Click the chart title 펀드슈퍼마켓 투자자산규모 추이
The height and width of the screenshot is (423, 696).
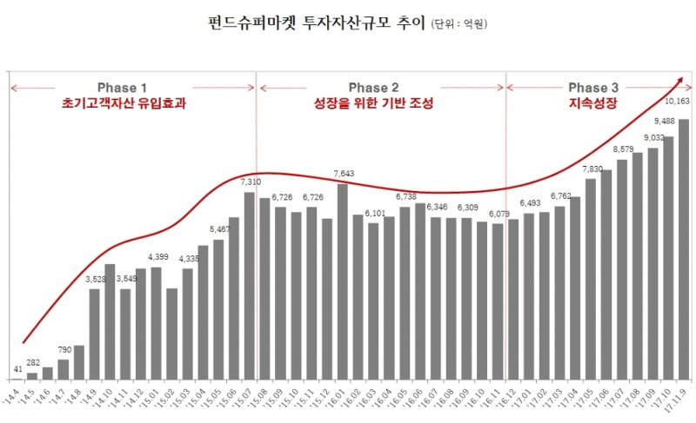pos(317,23)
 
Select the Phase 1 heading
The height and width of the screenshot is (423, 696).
pos(122,88)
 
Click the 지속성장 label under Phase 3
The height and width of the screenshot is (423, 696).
pos(593,103)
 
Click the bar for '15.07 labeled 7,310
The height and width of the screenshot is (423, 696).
pos(250,286)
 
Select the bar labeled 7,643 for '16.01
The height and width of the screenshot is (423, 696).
pos(343,281)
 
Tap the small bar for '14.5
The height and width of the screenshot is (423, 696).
pos(32,376)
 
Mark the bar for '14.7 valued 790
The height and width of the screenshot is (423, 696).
pos(64,369)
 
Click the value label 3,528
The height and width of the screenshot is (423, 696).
pos(96,279)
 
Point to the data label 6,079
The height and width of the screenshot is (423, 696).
pos(499,214)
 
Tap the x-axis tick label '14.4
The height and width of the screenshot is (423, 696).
pos(17,395)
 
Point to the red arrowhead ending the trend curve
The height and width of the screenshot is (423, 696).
pos(679,80)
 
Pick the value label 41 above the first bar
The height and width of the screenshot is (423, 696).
pos(17,369)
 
